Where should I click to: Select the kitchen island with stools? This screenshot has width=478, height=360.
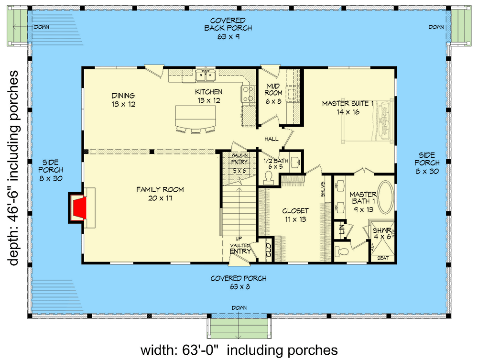[x=195, y=117]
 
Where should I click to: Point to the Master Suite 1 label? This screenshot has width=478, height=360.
[x=347, y=108]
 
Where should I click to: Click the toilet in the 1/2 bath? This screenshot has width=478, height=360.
[x=268, y=177]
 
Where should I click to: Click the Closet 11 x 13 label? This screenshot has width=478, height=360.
[x=295, y=215]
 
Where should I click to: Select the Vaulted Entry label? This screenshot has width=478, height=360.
[x=240, y=248]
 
